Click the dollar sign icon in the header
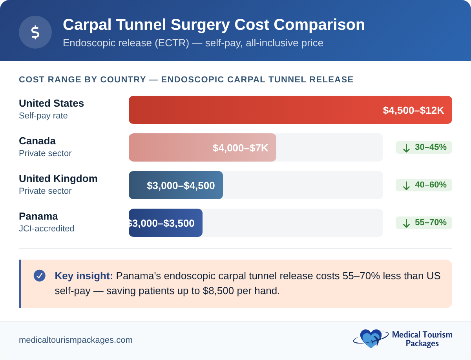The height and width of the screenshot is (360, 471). point(35,32)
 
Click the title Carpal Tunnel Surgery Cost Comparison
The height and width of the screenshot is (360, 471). point(214,25)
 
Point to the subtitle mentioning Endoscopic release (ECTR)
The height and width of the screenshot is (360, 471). point(193,43)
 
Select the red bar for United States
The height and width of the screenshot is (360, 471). point(251,110)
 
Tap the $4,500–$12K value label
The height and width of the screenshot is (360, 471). point(413,110)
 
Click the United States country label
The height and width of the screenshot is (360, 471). point(51,104)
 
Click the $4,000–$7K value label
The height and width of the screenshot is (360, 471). point(240,148)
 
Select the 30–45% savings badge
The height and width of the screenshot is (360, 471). point(424,147)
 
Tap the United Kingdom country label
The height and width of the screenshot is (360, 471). point(58,179)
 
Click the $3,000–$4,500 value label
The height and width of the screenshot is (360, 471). point(181,185)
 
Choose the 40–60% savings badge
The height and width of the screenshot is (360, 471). point(424,185)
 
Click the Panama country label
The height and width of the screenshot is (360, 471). point(38,216)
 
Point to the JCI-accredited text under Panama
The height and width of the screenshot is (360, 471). point(46,229)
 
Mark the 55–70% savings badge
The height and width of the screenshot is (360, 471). point(424,223)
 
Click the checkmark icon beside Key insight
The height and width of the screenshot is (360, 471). point(40,276)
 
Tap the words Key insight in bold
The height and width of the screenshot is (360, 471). point(84,276)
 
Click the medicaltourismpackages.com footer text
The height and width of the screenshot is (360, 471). point(76,340)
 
